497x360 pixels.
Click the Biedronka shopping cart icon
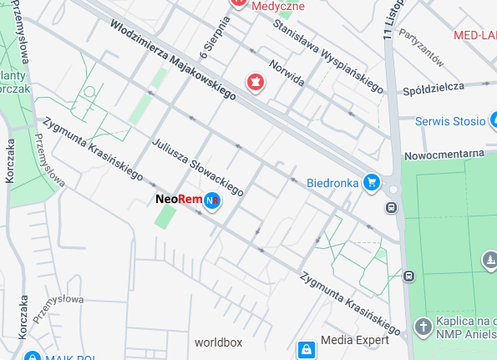(x=372, y=181)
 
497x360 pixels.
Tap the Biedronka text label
(x=332, y=181)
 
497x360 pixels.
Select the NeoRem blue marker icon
(x=213, y=200)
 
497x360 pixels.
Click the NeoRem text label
(x=178, y=200)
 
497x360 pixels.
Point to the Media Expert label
(x=355, y=340)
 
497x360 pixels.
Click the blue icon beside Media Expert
(x=306, y=349)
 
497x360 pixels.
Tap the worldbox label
(x=218, y=342)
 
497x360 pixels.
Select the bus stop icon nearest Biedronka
(x=391, y=206)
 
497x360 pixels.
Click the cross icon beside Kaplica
(x=423, y=324)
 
